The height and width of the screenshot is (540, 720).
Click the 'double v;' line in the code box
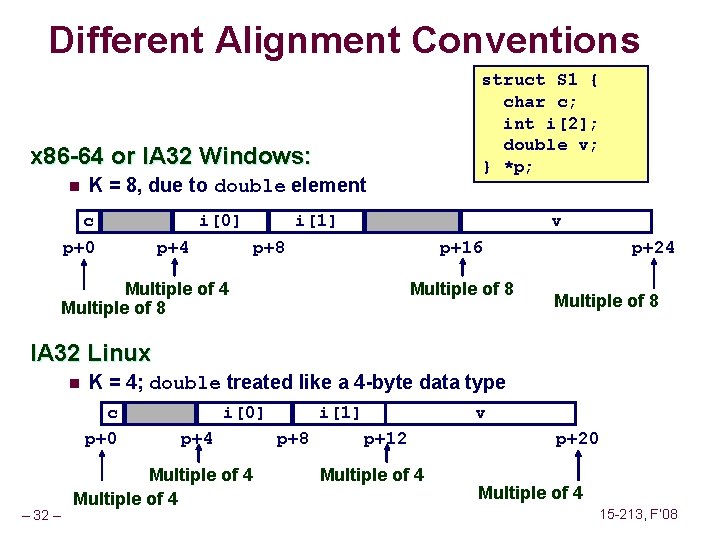(550, 145)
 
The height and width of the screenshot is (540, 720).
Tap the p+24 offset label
(652, 247)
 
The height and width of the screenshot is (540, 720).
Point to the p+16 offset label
(462, 247)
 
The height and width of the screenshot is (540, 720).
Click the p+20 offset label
(577, 438)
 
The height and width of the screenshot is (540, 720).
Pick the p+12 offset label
(385, 438)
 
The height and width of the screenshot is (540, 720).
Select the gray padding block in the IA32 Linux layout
(165, 412)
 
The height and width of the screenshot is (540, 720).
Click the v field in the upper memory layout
(556, 220)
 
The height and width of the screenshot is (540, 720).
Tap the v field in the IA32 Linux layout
(480, 412)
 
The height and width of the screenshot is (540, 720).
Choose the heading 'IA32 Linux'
(91, 353)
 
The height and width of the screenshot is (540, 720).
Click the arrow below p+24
(656, 272)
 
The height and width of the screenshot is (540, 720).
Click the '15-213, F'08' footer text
(638, 514)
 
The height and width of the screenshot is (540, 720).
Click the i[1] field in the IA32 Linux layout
(340, 412)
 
